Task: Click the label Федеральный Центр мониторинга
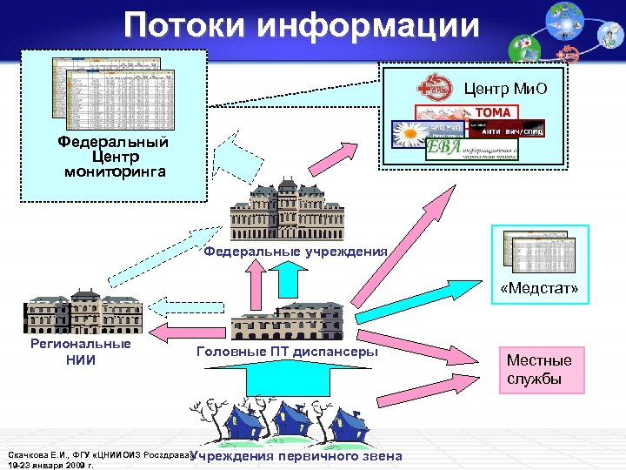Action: click(113, 157)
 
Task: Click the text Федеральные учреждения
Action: click(295, 252)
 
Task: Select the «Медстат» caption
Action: click(540, 288)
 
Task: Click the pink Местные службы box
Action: click(539, 370)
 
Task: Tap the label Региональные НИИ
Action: click(80, 352)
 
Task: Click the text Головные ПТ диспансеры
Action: click(287, 352)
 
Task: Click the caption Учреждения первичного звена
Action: click(296, 457)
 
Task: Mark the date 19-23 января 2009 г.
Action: click(50, 465)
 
